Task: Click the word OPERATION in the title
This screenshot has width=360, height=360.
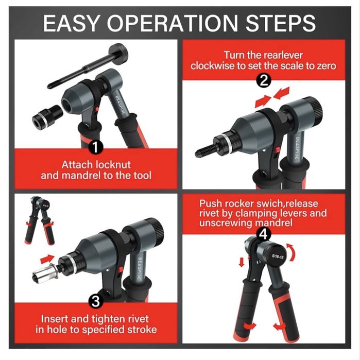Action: click(172, 23)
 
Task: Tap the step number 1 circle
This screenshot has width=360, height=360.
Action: click(96, 147)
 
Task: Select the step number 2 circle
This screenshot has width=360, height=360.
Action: click(264, 81)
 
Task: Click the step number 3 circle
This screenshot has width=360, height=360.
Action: click(96, 301)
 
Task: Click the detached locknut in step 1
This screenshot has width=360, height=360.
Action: click(47, 116)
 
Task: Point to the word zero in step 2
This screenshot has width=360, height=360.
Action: click(326, 66)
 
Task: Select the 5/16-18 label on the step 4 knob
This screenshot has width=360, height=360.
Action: click(278, 256)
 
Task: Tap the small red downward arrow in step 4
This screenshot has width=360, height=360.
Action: click(242, 262)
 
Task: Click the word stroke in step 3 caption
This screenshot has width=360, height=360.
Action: click(142, 330)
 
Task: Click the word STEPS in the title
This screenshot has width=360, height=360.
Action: click(281, 23)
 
